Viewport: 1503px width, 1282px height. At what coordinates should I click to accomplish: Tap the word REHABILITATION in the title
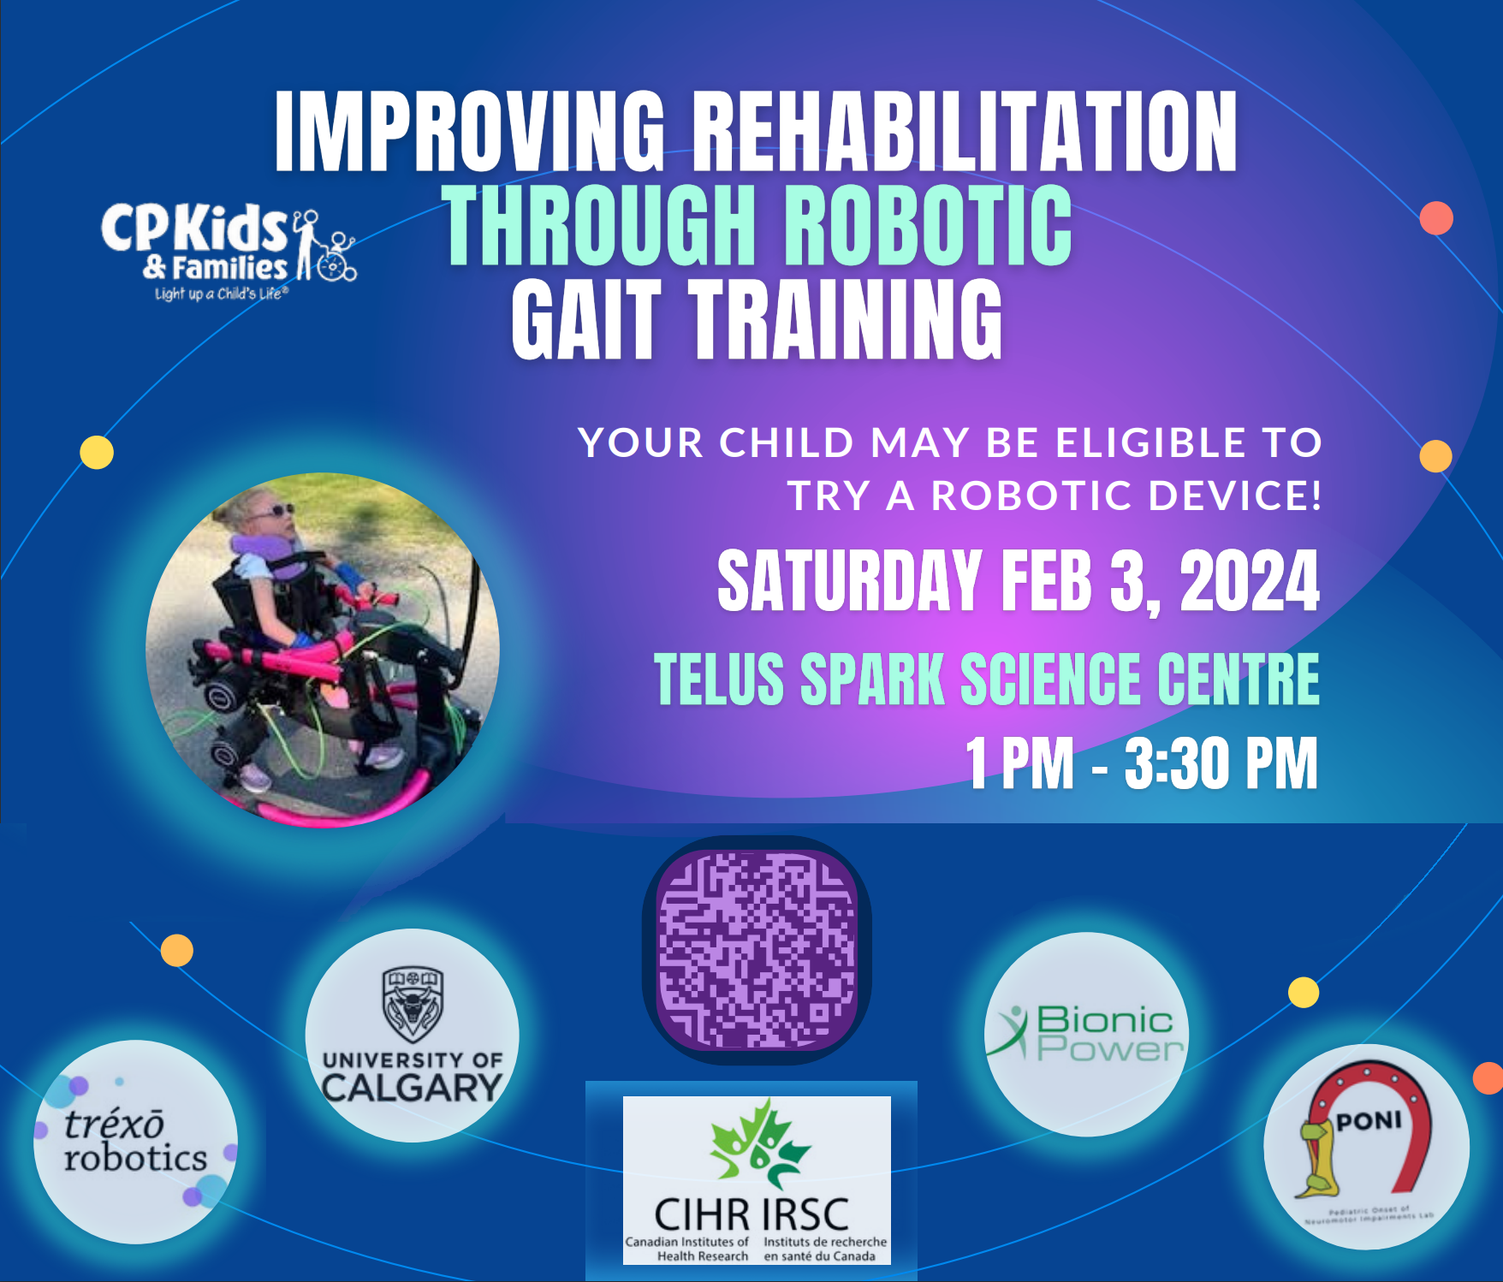coord(964,133)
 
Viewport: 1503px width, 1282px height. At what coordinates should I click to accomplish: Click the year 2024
coord(1249,582)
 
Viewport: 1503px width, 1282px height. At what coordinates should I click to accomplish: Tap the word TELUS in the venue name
coord(719,680)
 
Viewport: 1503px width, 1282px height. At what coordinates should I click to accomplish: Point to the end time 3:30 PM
coord(1221,763)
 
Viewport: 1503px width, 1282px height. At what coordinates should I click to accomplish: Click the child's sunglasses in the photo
coord(279,512)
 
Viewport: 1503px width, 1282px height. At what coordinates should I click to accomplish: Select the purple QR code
coord(757,950)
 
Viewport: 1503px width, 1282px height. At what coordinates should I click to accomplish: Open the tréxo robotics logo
coord(135,1142)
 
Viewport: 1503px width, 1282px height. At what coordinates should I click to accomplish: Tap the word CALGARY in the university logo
coord(412,1089)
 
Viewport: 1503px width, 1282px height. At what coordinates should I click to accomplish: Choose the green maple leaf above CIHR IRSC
coord(757,1143)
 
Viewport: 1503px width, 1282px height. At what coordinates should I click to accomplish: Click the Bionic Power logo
coord(1087,1034)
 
